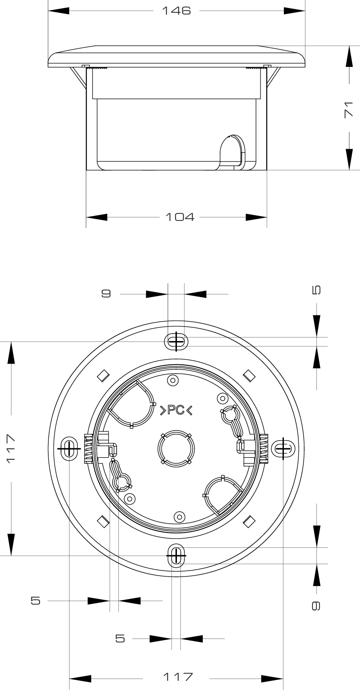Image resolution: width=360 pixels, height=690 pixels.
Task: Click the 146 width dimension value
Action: pyautogui.click(x=176, y=11)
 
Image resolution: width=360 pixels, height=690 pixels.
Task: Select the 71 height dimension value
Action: pyautogui.click(x=349, y=109)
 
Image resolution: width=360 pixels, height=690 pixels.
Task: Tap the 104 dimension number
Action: pyautogui.click(x=180, y=217)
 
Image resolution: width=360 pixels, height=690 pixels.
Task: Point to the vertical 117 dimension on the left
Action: pyautogui.click(x=11, y=448)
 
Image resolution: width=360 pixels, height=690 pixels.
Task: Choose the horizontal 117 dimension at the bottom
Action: pyautogui.click(x=178, y=676)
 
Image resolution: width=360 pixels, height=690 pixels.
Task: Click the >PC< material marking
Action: pyautogui.click(x=176, y=410)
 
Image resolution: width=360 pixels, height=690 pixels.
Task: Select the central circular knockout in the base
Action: pyautogui.click(x=176, y=449)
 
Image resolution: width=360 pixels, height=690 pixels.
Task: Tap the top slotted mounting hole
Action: pyautogui.click(x=176, y=341)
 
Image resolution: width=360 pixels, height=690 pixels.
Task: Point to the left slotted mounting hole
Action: pyautogui.click(x=69, y=448)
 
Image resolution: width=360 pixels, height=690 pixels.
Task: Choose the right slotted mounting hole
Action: pyautogui.click(x=283, y=449)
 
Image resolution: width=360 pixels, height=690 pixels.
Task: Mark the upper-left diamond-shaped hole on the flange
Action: pyautogui.click(x=103, y=375)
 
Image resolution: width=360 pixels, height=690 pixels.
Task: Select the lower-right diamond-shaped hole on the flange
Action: pyautogui.click(x=249, y=521)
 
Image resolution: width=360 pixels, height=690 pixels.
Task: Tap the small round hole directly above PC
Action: pyautogui.click(x=173, y=380)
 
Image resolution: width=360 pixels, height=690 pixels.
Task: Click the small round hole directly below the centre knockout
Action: pyautogui.click(x=179, y=517)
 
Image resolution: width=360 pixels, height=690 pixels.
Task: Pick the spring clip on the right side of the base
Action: pyautogui.click(x=263, y=448)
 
